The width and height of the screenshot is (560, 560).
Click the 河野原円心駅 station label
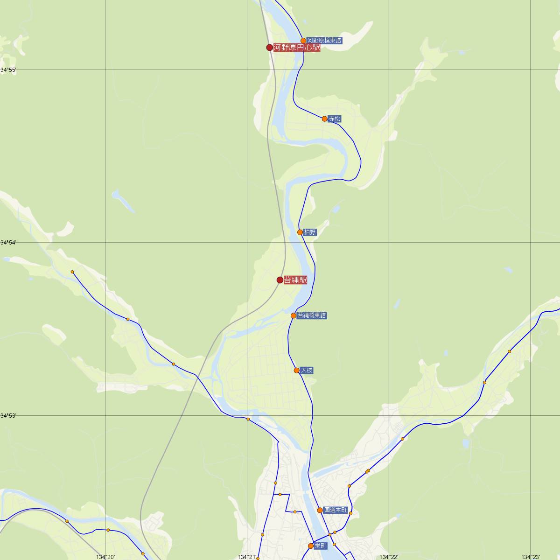pyautogui.click(x=297, y=47)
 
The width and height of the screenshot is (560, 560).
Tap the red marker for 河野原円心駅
pyautogui.click(x=269, y=47)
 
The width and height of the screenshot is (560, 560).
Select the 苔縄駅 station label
pyautogui.click(x=295, y=280)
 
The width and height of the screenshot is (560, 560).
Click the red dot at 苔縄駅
pyautogui.click(x=280, y=280)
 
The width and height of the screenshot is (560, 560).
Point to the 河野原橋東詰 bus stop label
pyautogui.click(x=324, y=41)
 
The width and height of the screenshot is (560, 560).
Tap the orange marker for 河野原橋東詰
pyautogui.click(x=303, y=41)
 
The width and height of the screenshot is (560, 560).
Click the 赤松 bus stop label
pyautogui.click(x=335, y=119)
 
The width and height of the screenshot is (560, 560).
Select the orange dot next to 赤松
pyautogui.click(x=324, y=119)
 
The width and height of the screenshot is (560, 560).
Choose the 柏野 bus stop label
pyautogui.click(x=310, y=232)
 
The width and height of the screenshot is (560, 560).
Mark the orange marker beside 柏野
pyautogui.click(x=300, y=232)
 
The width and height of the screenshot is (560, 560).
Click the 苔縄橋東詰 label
pyautogui.click(x=312, y=315)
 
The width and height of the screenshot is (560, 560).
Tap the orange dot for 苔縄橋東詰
pyautogui.click(x=294, y=315)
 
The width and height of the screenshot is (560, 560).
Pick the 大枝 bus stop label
pyautogui.click(x=307, y=371)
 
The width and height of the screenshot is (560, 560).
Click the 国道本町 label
pyautogui.click(x=336, y=510)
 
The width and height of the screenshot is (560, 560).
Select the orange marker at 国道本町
pyautogui.click(x=320, y=510)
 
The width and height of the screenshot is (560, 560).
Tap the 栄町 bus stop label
pyautogui.click(x=321, y=546)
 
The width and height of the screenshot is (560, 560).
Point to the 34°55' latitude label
pyautogui.click(x=8, y=70)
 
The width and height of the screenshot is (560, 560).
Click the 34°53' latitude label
pyautogui.click(x=8, y=415)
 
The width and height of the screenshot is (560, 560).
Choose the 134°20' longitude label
pyautogui.click(x=105, y=557)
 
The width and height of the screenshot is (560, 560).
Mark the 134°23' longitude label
pyautogui.click(x=531, y=557)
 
